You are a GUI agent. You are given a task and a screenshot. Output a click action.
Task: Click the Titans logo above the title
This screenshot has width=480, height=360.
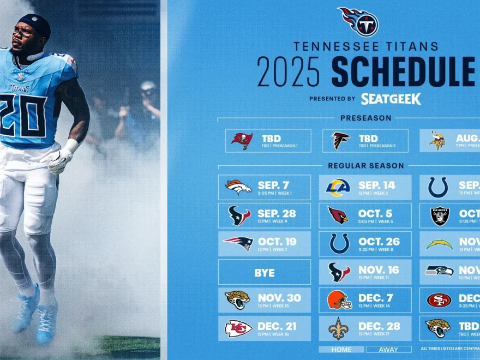coord(358,22)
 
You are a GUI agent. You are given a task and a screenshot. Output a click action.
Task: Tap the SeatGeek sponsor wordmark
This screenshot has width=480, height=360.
coord(391,99)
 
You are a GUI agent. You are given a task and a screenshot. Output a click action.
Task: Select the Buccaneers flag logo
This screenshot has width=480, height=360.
coord(242,141)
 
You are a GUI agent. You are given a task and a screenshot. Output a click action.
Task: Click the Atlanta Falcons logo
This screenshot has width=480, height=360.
coord(341,141)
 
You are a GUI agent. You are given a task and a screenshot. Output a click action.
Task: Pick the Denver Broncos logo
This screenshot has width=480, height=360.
coord(238,187)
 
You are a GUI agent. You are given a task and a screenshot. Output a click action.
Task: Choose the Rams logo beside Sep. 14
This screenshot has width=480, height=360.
coord(338,187)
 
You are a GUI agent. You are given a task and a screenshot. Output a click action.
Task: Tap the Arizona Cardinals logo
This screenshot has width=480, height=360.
coord(338,215)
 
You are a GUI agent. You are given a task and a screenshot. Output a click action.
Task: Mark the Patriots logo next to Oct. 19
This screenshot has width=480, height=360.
coord(238,243)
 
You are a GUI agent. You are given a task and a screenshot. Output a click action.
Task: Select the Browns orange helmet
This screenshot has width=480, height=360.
coord(338,299)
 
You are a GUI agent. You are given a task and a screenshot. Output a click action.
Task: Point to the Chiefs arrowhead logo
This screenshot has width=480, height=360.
coord(238,328)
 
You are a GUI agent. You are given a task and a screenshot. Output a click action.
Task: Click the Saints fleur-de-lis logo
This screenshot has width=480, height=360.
coord(338,328)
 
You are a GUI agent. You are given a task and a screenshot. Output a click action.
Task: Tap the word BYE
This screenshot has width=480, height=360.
coord(265,272)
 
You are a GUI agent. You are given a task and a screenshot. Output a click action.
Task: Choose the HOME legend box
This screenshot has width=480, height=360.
coord(341,349)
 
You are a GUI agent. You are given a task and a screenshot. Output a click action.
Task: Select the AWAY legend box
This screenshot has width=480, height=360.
coord(389,349)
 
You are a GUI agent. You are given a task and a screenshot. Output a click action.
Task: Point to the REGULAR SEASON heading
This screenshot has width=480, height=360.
coord(366,165)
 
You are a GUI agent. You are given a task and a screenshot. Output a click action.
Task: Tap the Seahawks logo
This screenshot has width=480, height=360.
coord(439,271)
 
